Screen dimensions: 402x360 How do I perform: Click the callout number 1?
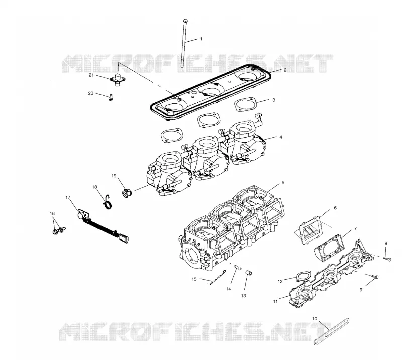coord(201,39)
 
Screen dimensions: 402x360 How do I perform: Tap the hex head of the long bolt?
coord(185,21)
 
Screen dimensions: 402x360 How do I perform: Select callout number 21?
coord(91,75)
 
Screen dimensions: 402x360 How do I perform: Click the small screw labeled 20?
coord(111,97)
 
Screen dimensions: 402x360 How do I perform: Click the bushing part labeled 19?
coord(126,193)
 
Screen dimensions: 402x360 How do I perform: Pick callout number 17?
coord(68,197)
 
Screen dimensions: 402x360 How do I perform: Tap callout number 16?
coord(52,213)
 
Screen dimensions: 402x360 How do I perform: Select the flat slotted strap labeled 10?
coord(332,331)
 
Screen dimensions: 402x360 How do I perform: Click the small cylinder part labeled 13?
coord(249,272)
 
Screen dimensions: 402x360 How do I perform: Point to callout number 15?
coord(194,279)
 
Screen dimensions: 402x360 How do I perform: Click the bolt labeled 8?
coord(387,259)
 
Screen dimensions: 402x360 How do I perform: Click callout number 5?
coord(283,182)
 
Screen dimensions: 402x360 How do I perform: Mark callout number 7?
coord(355,228)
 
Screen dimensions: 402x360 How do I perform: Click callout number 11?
coord(275,301)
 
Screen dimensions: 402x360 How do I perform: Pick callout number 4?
coord(281,137)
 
